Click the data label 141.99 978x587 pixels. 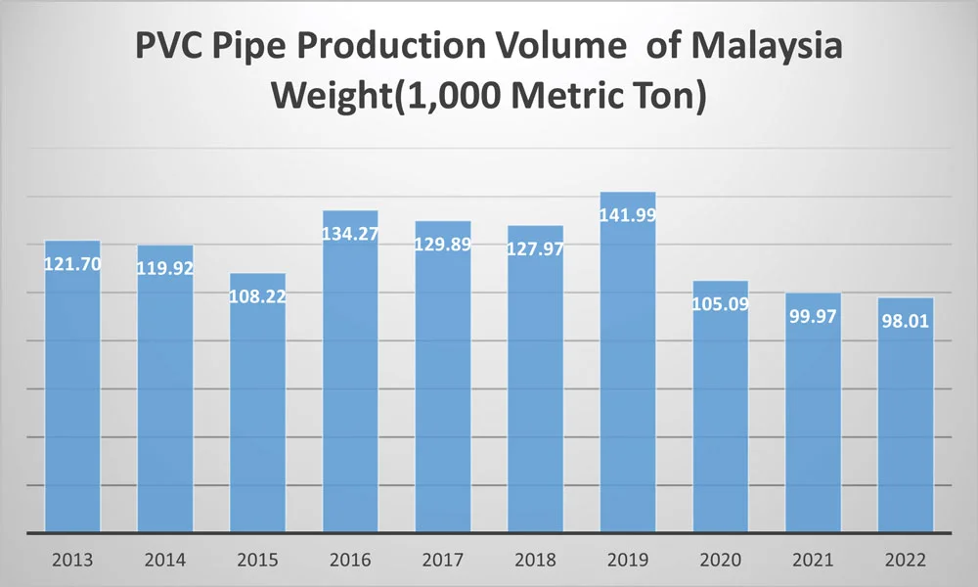(628, 216)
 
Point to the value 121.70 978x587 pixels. (72, 264)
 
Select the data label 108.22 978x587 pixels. (257, 296)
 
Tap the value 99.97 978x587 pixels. (813, 316)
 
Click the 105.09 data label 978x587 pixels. (721, 304)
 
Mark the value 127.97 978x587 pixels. (535, 248)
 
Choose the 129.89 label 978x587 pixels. (443, 245)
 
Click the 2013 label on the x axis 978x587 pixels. (72, 561)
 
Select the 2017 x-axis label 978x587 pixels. (443, 561)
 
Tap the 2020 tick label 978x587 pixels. (721, 561)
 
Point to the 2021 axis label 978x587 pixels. (813, 561)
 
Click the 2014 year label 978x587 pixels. (165, 561)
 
